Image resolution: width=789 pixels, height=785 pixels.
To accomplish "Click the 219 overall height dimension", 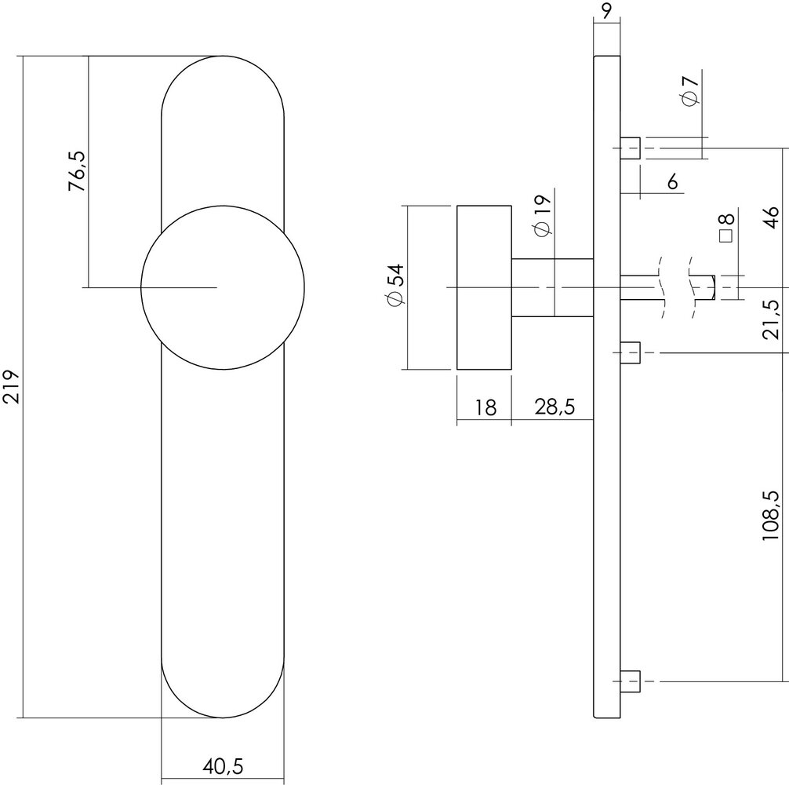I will click(x=11, y=387).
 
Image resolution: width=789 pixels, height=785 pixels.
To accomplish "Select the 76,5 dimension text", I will click(x=75, y=172).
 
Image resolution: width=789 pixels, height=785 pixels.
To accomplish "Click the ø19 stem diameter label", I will click(x=540, y=215).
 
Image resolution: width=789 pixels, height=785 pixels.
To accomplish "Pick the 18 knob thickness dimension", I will click(x=485, y=407).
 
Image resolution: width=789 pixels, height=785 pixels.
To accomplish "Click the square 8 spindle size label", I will click(x=725, y=228).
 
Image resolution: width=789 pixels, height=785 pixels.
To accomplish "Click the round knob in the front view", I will click(x=222, y=288).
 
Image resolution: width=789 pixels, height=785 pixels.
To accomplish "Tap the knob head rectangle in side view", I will click(x=484, y=287).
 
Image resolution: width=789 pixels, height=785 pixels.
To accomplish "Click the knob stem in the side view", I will click(x=551, y=287).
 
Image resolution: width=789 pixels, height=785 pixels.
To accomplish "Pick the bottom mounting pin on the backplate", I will click(x=631, y=681).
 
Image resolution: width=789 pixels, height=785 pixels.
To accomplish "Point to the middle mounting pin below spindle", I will click(x=631, y=352).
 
